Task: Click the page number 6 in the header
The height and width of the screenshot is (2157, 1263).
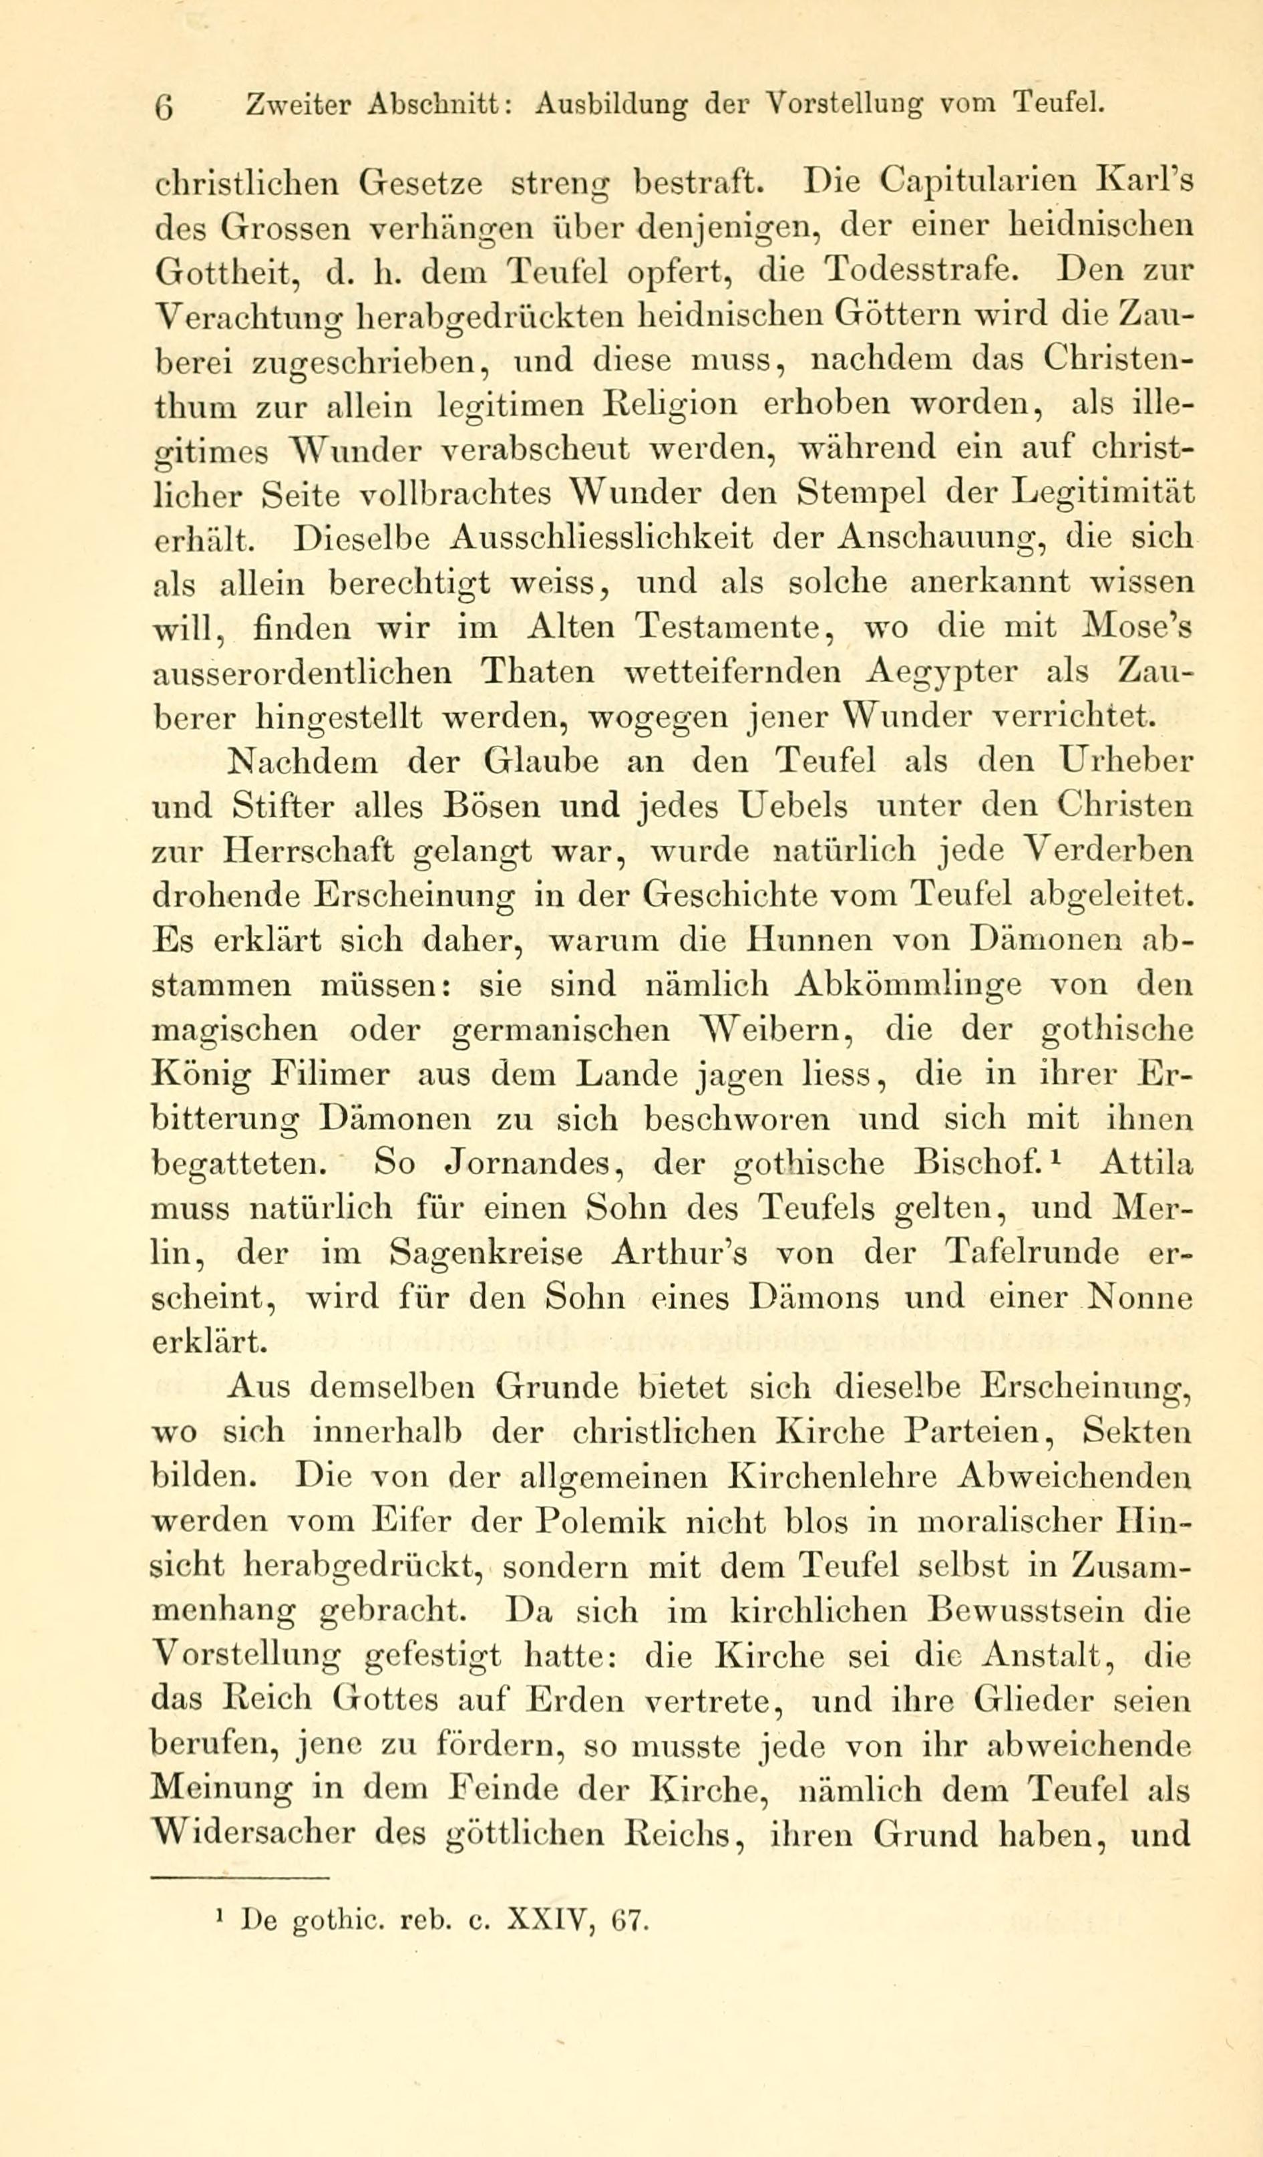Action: point(165,107)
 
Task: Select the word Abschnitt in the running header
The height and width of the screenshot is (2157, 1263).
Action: point(440,104)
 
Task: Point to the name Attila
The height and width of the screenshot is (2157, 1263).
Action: point(1145,1163)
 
